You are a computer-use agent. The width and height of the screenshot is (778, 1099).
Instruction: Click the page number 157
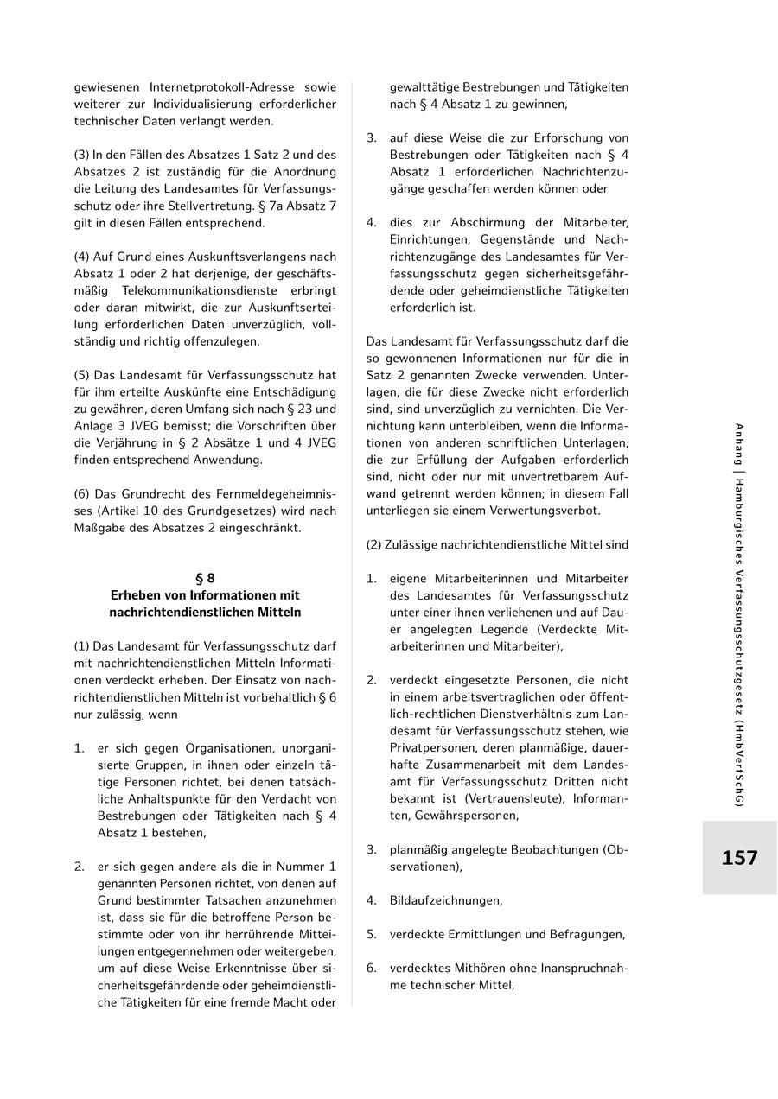pyautogui.click(x=739, y=858)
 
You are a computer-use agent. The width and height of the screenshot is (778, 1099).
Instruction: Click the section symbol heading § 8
pyautogui.click(x=205, y=578)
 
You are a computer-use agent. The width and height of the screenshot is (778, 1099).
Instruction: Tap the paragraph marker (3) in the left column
pyautogui.click(x=82, y=155)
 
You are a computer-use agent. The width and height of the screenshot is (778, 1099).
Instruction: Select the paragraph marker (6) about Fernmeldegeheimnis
pyautogui.click(x=82, y=493)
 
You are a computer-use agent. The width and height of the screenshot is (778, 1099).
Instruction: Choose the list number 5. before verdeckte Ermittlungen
pyautogui.click(x=371, y=934)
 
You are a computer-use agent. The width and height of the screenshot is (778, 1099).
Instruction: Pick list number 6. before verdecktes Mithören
pyautogui.click(x=371, y=968)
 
